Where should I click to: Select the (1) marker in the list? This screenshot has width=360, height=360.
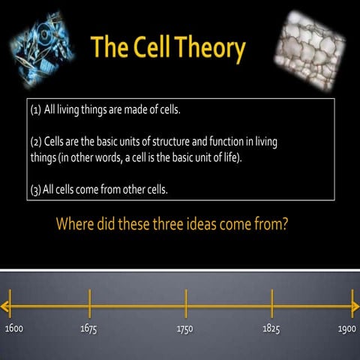[x=35, y=109]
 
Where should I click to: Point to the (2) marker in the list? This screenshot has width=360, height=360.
[x=36, y=141]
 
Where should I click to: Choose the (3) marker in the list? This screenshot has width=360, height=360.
[x=35, y=189]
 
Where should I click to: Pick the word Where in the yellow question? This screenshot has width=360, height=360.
[x=78, y=223]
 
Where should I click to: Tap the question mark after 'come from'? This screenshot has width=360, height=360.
[x=285, y=223]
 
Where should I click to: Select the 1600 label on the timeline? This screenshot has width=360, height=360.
[x=14, y=329]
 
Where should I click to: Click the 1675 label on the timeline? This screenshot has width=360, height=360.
[x=88, y=329]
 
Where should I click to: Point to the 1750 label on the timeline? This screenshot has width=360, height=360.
[x=184, y=329]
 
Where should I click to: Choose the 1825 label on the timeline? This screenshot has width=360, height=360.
[x=271, y=329]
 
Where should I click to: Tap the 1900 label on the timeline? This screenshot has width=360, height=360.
[x=346, y=329]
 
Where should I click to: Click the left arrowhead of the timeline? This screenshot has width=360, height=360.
[x=6, y=305]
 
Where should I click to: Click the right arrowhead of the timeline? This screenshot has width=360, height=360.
[x=354, y=305]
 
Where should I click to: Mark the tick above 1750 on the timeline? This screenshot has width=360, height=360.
[x=186, y=303]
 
